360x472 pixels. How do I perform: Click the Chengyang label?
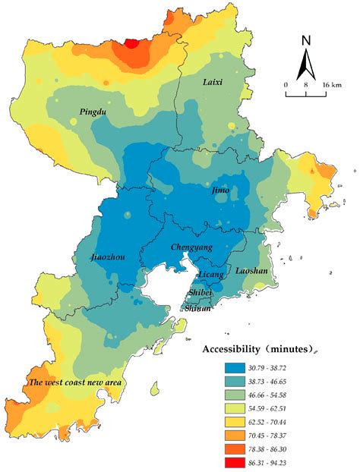pyautogui.click(x=191, y=247)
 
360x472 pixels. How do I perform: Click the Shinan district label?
pyautogui.click(x=199, y=308)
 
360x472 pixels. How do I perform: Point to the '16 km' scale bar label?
pyautogui.click(x=330, y=84)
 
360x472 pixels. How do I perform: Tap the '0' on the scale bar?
pyautogui.click(x=286, y=84)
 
